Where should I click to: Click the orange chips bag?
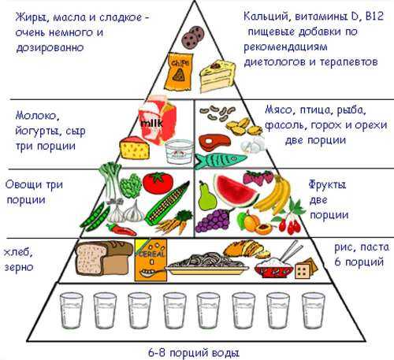click(x=178, y=71)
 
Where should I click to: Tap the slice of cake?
click(x=217, y=76)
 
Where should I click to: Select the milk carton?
click(x=158, y=121)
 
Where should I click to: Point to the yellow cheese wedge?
click(x=135, y=148)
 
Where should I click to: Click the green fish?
click(x=220, y=161)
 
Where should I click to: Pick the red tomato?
click(x=158, y=183)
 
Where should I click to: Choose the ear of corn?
click(x=166, y=204)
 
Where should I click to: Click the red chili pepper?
click(x=121, y=229)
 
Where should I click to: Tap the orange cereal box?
click(x=151, y=259)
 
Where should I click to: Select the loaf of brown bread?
click(x=104, y=258)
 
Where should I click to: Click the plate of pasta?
click(x=206, y=264)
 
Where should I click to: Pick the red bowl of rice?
click(x=273, y=268)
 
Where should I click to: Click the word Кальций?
click(x=266, y=17)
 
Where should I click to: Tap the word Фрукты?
click(x=327, y=185)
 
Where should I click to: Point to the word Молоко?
click(x=36, y=116)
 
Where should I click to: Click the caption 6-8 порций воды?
click(x=194, y=353)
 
